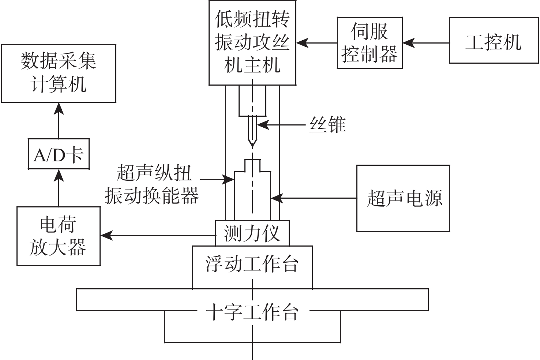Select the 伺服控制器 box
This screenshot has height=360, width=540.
[x=370, y=43]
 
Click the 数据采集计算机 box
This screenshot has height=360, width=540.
[x=59, y=73]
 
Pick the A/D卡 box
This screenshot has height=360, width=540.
[x=59, y=154]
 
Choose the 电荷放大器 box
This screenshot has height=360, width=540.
[x=59, y=236]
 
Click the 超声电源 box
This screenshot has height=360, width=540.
[x=403, y=198]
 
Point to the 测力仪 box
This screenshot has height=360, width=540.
[x=252, y=233]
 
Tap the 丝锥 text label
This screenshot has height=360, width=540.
[x=327, y=125]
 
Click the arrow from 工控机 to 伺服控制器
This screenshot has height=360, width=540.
[x=426, y=43]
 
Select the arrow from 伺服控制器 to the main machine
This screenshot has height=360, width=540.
[x=317, y=43]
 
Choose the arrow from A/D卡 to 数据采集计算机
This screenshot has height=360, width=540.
[x=59, y=120]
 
